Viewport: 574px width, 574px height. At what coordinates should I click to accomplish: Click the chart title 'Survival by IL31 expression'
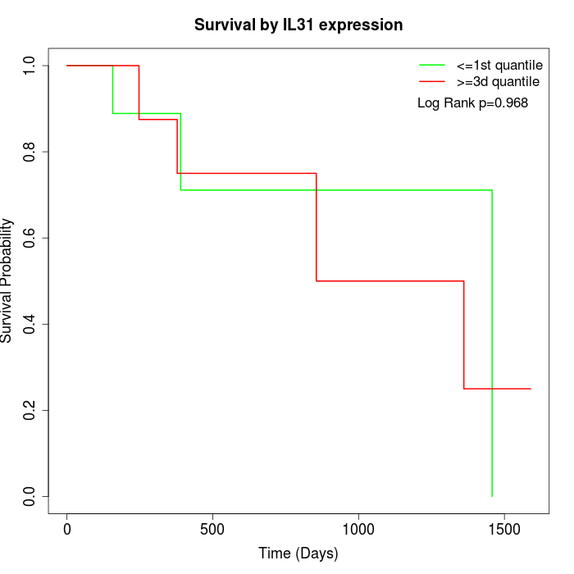point(298,25)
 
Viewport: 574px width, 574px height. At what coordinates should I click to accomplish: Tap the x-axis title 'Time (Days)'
point(298,553)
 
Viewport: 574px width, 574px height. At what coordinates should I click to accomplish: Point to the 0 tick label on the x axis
point(67,529)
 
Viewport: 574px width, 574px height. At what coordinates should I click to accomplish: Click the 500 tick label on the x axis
point(212,529)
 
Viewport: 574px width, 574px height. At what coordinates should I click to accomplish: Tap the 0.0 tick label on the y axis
point(30,496)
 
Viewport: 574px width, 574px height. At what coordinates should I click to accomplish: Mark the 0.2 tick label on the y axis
point(30,410)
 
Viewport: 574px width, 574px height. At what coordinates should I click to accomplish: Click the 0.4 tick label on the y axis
point(30,324)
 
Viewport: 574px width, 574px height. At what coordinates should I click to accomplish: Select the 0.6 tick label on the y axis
point(30,238)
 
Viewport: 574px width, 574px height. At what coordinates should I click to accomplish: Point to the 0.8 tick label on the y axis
point(30,152)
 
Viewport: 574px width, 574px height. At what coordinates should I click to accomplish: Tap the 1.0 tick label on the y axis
point(30,66)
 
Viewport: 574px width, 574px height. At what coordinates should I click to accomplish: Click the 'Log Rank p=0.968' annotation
point(472,103)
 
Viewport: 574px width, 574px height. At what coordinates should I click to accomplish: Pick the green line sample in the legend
point(432,65)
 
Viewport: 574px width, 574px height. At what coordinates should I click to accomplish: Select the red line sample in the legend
point(432,81)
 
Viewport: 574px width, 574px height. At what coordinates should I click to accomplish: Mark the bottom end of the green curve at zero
point(492,496)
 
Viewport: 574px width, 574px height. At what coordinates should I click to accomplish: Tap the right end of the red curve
point(531,389)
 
